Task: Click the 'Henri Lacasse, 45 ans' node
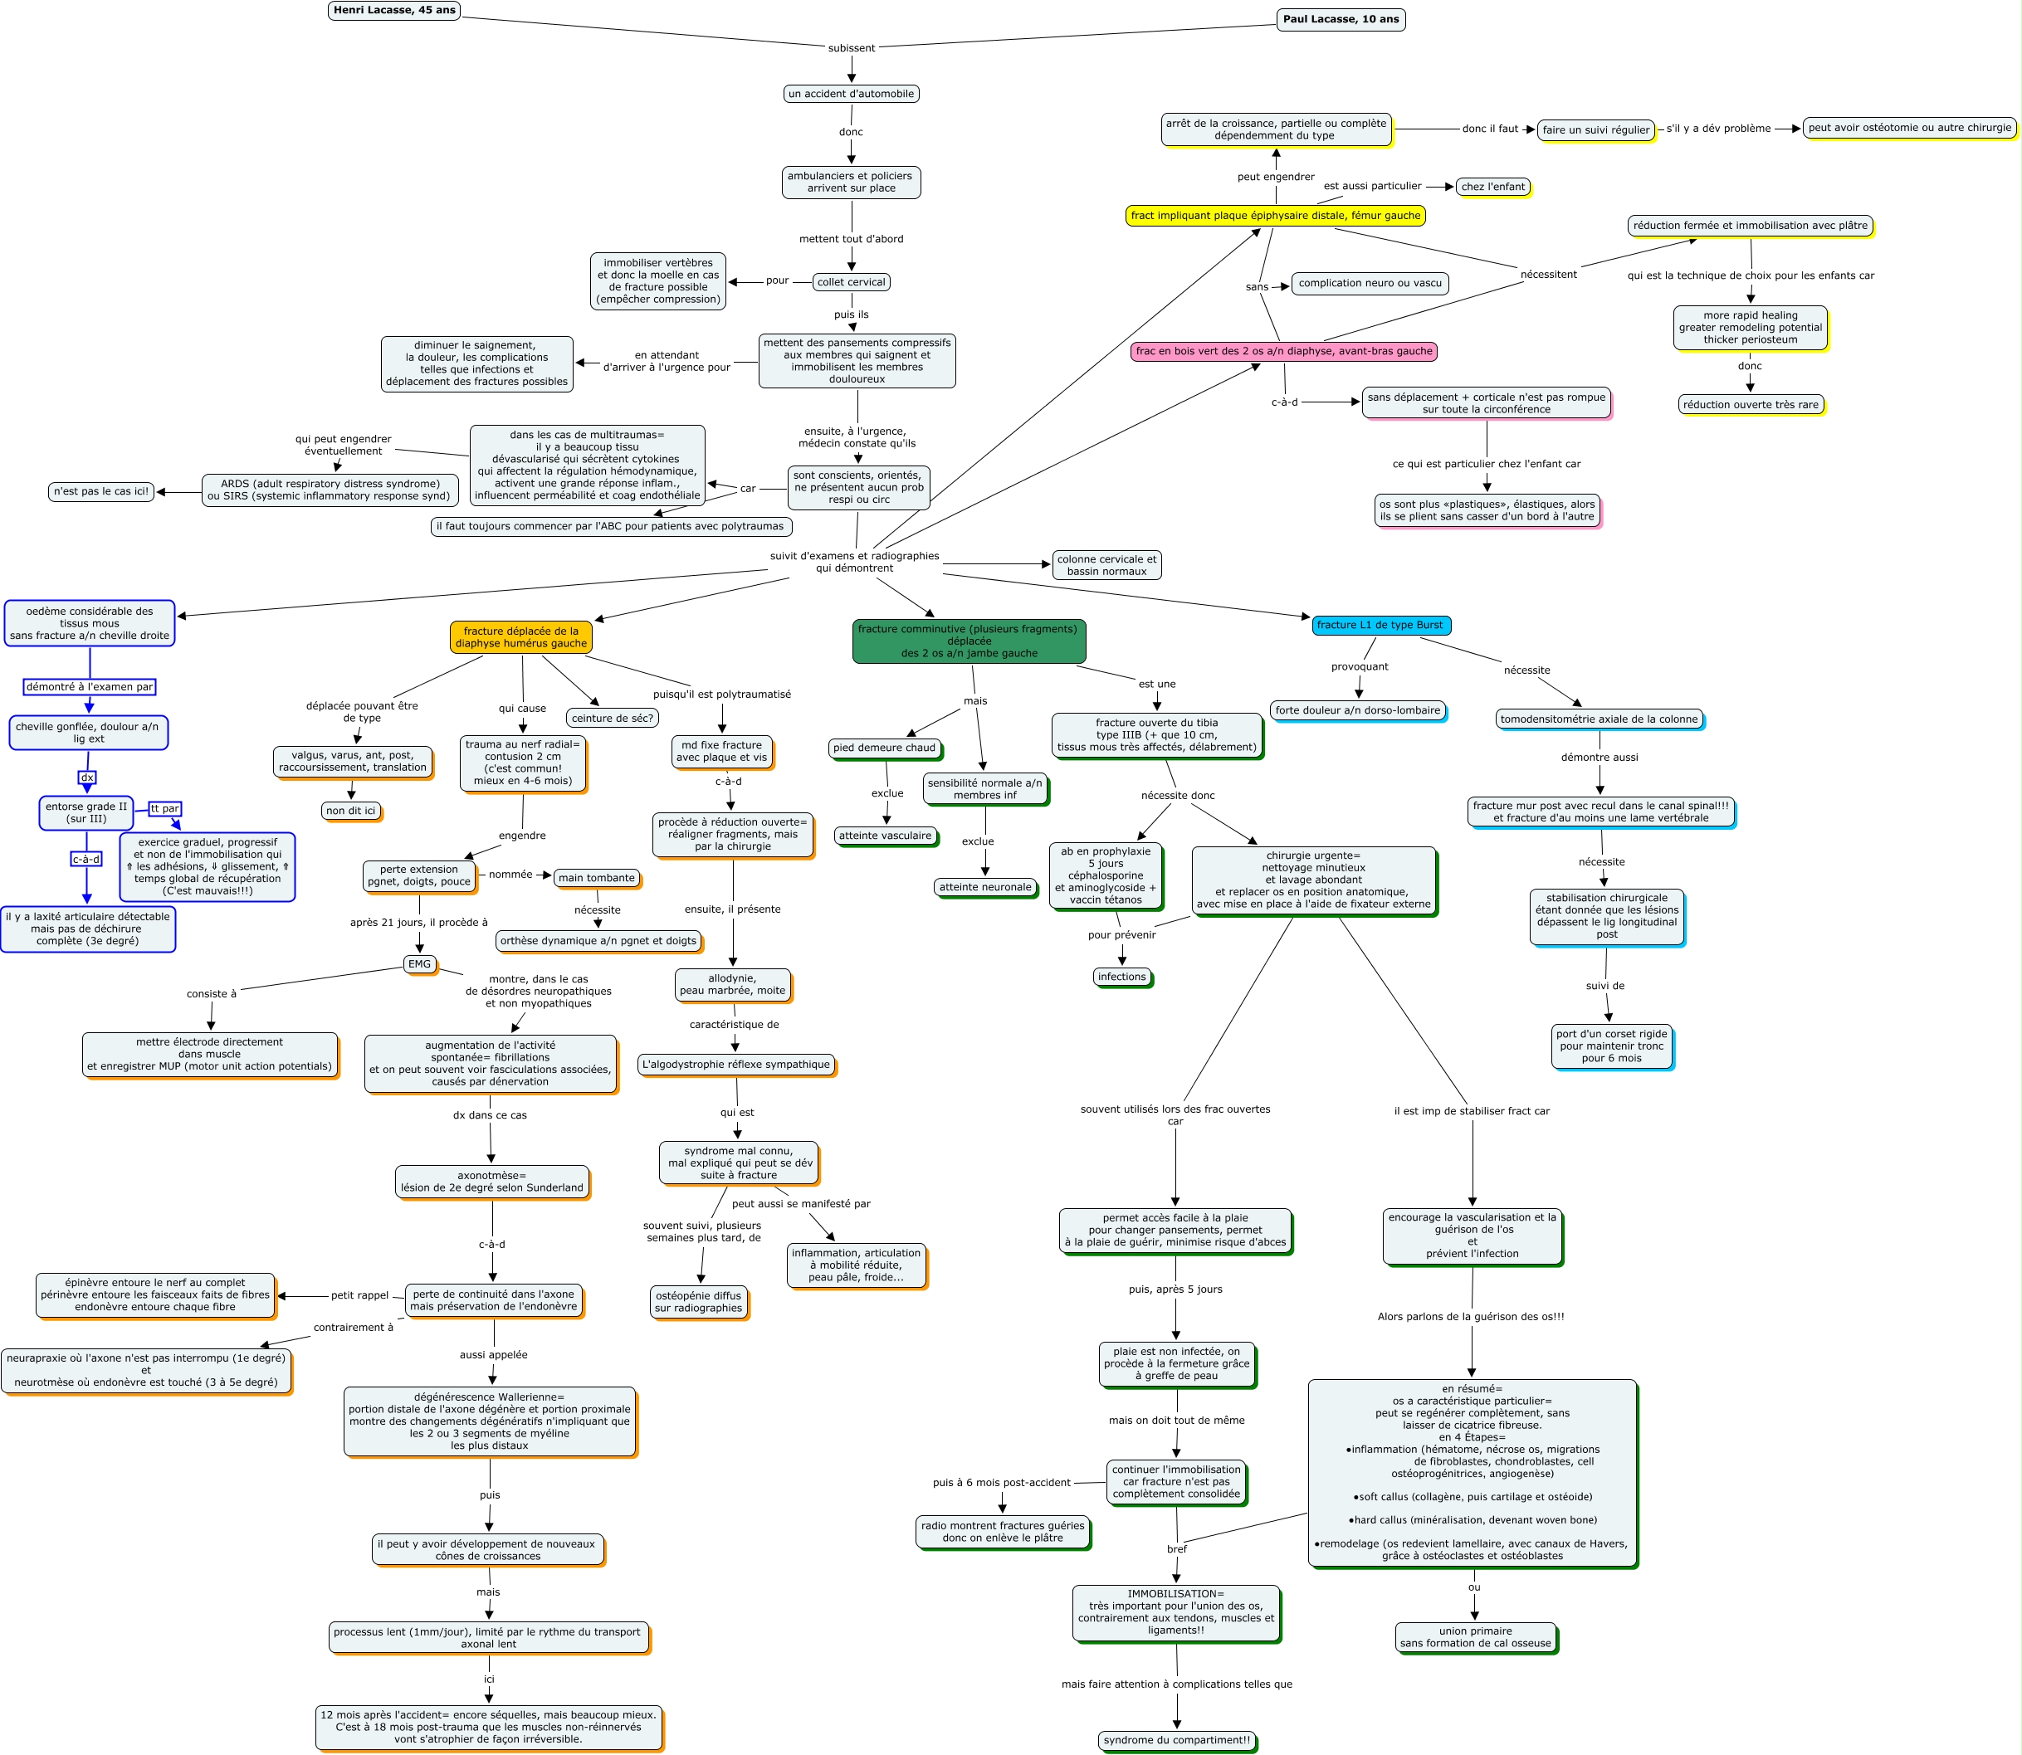click(393, 11)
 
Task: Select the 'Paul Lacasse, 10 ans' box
click(1341, 20)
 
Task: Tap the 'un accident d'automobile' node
click(850, 94)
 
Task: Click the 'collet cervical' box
click(850, 282)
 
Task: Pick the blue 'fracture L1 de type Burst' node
click(1380, 625)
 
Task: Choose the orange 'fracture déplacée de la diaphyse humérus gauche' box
click(521, 637)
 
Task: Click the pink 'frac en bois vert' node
click(1283, 352)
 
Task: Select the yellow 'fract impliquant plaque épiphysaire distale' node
click(1274, 216)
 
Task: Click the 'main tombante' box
click(597, 879)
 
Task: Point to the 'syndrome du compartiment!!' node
click(1176, 1740)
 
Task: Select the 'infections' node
click(1121, 977)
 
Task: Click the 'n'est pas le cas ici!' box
click(101, 491)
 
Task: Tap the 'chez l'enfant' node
click(1492, 187)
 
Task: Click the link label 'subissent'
click(850, 48)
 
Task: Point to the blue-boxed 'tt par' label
click(164, 809)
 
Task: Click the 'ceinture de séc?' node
click(613, 718)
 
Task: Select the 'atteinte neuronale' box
click(984, 887)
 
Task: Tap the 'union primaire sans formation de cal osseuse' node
click(1475, 1636)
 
